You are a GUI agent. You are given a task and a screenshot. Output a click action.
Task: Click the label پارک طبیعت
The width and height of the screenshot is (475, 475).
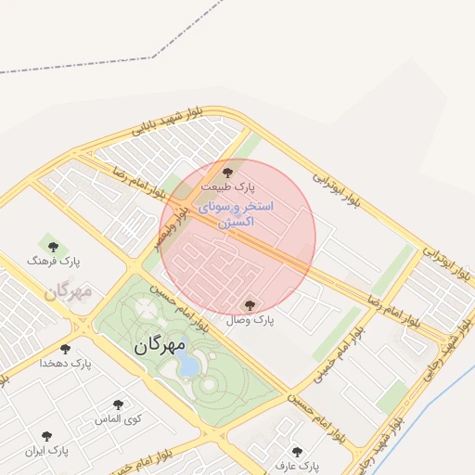coord(226,186)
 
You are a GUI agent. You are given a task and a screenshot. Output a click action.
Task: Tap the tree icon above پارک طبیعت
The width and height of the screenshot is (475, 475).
coord(227,173)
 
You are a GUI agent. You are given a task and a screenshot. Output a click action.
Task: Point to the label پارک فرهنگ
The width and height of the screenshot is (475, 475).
coord(54,262)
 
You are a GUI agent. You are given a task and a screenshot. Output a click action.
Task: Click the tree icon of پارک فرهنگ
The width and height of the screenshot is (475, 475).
coord(53,247)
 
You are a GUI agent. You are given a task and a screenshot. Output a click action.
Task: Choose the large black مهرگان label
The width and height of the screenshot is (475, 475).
coord(160,345)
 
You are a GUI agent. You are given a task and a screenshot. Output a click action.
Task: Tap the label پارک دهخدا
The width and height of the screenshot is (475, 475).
coord(66,363)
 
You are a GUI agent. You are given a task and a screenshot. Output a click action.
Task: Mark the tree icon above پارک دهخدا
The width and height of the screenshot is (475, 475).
coord(65,349)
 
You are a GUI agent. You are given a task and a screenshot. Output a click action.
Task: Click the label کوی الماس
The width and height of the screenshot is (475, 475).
coord(118,419)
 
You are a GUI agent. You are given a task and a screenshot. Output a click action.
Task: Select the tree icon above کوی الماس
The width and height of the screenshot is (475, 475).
coord(118,405)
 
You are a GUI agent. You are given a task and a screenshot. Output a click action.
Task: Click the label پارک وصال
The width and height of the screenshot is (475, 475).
coord(250,319)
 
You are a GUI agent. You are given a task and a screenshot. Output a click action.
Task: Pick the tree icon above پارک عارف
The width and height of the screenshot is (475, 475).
coord(297,452)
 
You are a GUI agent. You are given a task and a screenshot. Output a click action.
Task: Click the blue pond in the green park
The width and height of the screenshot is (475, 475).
coord(188,366)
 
